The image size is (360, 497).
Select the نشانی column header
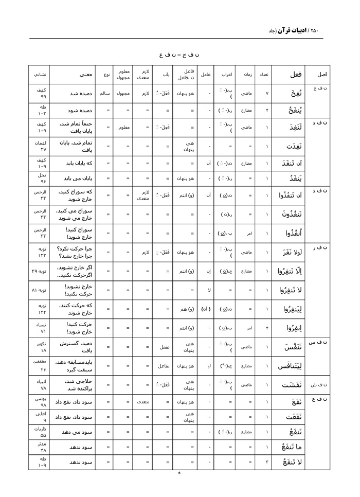(x=39, y=75)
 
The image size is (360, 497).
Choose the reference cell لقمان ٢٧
(x=39, y=146)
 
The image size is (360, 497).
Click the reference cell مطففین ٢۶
(x=39, y=366)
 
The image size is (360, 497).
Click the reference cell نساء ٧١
(x=39, y=328)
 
